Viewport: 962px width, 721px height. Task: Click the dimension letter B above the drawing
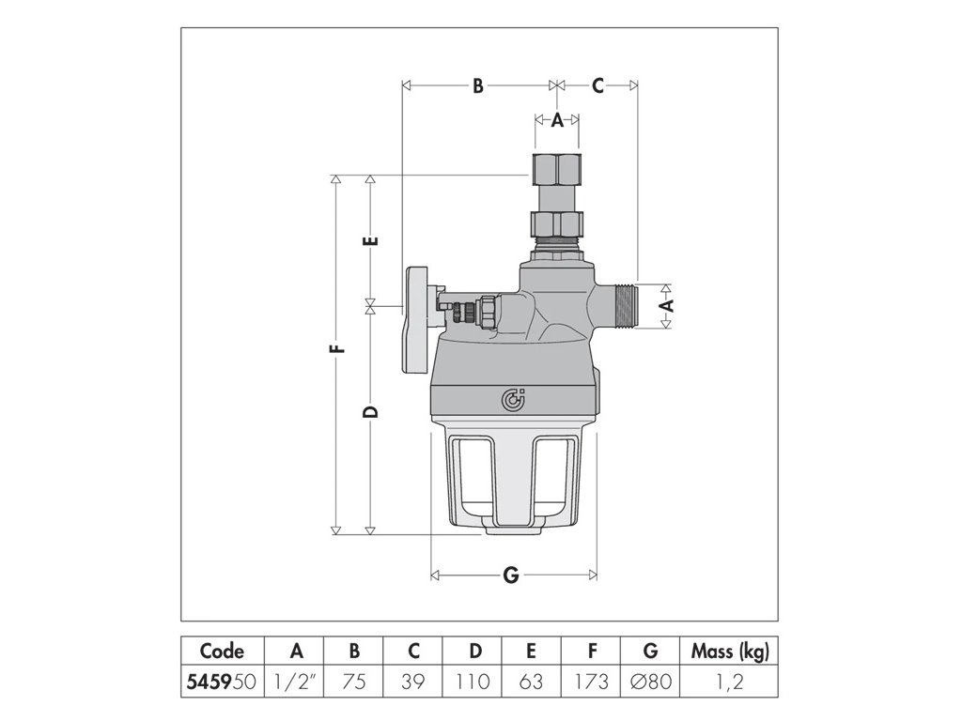(x=477, y=86)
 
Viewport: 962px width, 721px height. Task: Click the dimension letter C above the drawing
(x=597, y=86)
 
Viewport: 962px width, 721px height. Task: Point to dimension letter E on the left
(x=370, y=239)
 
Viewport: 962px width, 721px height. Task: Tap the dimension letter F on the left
(x=337, y=352)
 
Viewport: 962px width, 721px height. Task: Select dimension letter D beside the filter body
(x=370, y=414)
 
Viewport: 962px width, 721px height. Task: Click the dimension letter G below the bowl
(x=511, y=576)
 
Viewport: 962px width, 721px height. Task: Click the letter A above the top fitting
(x=556, y=119)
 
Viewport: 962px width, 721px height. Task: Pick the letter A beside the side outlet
(x=666, y=305)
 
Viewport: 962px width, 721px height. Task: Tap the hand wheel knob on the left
(x=416, y=329)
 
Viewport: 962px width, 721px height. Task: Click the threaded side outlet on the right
(x=621, y=306)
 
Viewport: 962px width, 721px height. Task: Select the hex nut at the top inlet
(x=556, y=168)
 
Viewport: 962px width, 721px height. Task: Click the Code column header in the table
(x=222, y=651)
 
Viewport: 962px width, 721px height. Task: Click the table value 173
(x=591, y=682)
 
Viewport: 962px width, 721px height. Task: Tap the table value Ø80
(x=652, y=682)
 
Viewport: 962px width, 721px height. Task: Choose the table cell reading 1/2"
(x=295, y=682)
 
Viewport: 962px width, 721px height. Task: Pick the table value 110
(x=474, y=682)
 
